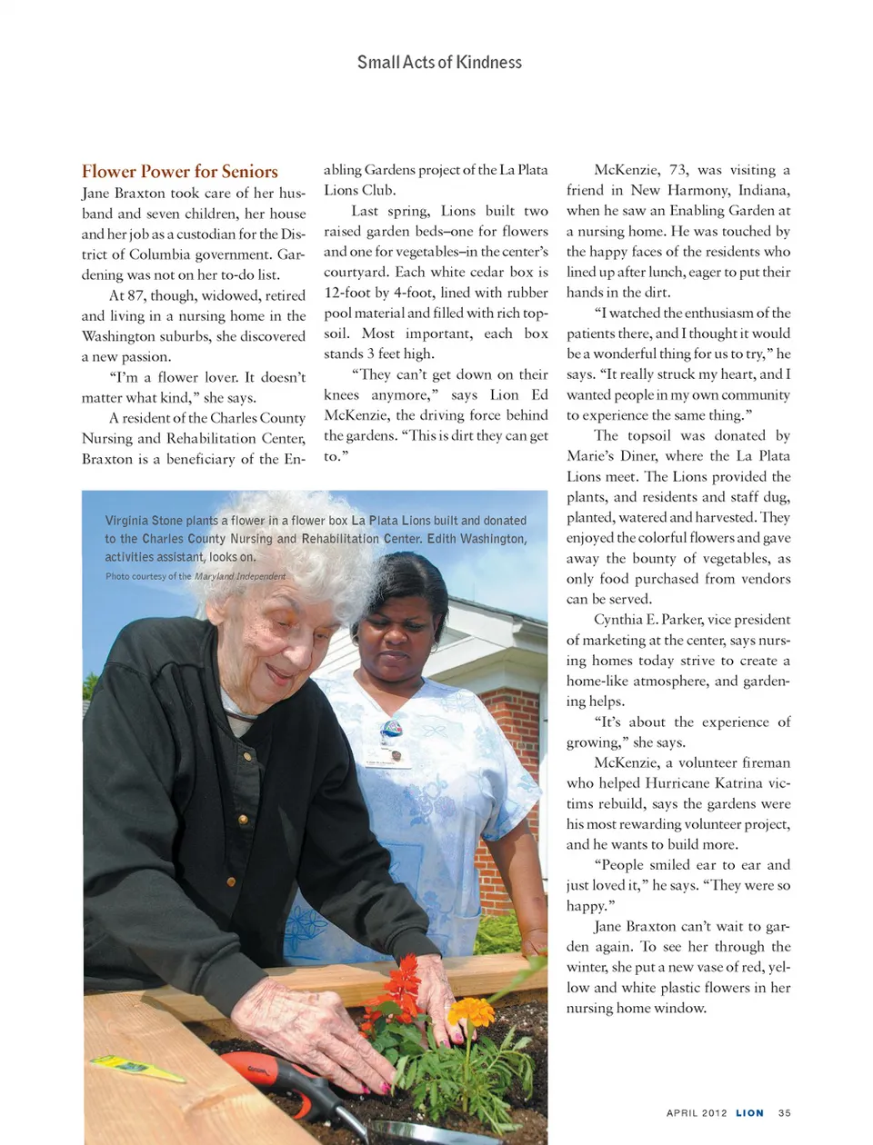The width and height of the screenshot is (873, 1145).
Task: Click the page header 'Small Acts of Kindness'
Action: tap(439, 63)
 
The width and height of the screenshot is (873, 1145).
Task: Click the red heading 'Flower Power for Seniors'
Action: tap(180, 172)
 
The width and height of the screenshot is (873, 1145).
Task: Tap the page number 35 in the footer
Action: tap(784, 1112)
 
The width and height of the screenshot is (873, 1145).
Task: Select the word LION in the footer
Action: tap(749, 1112)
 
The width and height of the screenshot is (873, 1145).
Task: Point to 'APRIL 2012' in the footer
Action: tap(697, 1112)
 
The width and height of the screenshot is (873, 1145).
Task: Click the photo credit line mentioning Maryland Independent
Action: tap(196, 576)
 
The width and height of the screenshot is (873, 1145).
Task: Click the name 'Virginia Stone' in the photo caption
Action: tap(144, 521)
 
